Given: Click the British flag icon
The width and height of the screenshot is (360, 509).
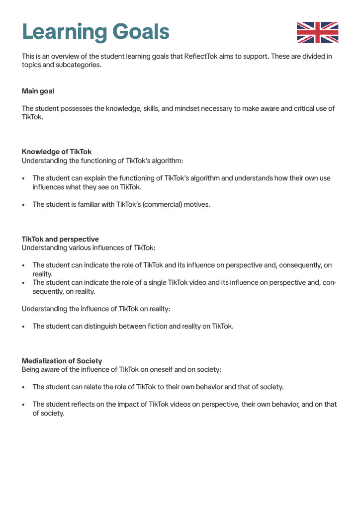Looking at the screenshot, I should click(317, 32).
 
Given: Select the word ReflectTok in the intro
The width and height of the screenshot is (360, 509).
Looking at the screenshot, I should click(202, 56).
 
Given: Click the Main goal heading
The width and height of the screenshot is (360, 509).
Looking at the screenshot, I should click(38, 91).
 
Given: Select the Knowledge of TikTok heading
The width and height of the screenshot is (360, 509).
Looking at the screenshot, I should click(57, 152).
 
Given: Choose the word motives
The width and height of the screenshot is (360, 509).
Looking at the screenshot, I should click(198, 204).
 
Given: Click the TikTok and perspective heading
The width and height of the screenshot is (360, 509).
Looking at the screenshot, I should click(60, 239).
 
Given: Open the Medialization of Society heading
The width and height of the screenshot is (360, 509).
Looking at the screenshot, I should click(62, 360).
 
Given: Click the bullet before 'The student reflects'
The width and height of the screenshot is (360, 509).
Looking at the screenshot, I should click(23, 405).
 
